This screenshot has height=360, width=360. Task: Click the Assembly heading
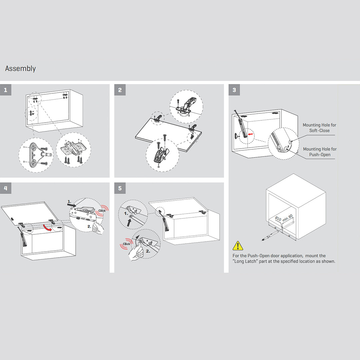coord(20,69)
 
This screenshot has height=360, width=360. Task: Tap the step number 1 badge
coord(6,90)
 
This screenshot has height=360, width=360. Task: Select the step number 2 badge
coord(120,90)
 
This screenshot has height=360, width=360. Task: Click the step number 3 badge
coord(234,90)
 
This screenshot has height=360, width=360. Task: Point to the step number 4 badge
coord(6,188)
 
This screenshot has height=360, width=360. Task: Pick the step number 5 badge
coord(120,188)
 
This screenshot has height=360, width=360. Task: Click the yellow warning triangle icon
coord(238,246)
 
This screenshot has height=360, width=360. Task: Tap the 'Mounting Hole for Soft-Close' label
coord(319,128)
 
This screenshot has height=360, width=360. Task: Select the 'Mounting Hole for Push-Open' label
coord(319,152)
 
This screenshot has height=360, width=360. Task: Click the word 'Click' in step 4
coord(102,211)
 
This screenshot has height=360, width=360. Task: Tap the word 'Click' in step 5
coord(126,244)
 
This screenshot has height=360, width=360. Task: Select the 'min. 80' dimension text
coord(287,218)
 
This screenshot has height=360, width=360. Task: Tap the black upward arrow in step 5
coord(129,221)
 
